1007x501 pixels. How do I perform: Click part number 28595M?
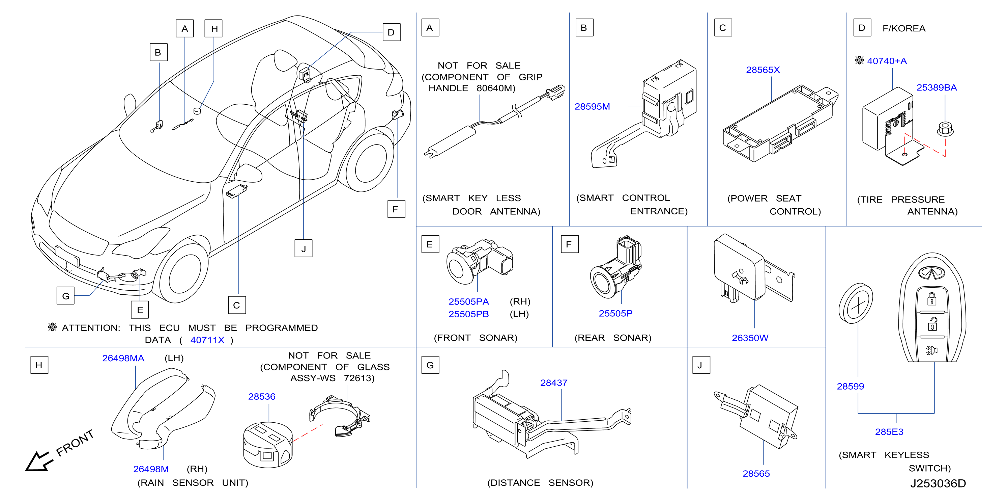pos(592,106)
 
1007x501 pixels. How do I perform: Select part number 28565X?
pos(763,70)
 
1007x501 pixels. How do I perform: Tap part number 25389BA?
pos(937,88)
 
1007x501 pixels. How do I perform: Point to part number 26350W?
pos(750,338)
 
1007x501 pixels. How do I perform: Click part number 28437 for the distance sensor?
pos(553,383)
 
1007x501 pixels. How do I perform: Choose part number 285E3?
pos(889,432)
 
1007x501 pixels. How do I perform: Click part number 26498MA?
pos(123,358)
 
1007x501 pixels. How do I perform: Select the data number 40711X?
pos(207,340)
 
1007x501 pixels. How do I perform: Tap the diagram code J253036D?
pos(938,483)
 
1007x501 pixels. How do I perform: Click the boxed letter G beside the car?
pos(66,296)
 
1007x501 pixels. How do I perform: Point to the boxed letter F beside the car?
pos(396,209)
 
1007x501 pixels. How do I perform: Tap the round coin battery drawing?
pos(856,304)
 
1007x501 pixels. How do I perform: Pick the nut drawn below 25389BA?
pos(945,129)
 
